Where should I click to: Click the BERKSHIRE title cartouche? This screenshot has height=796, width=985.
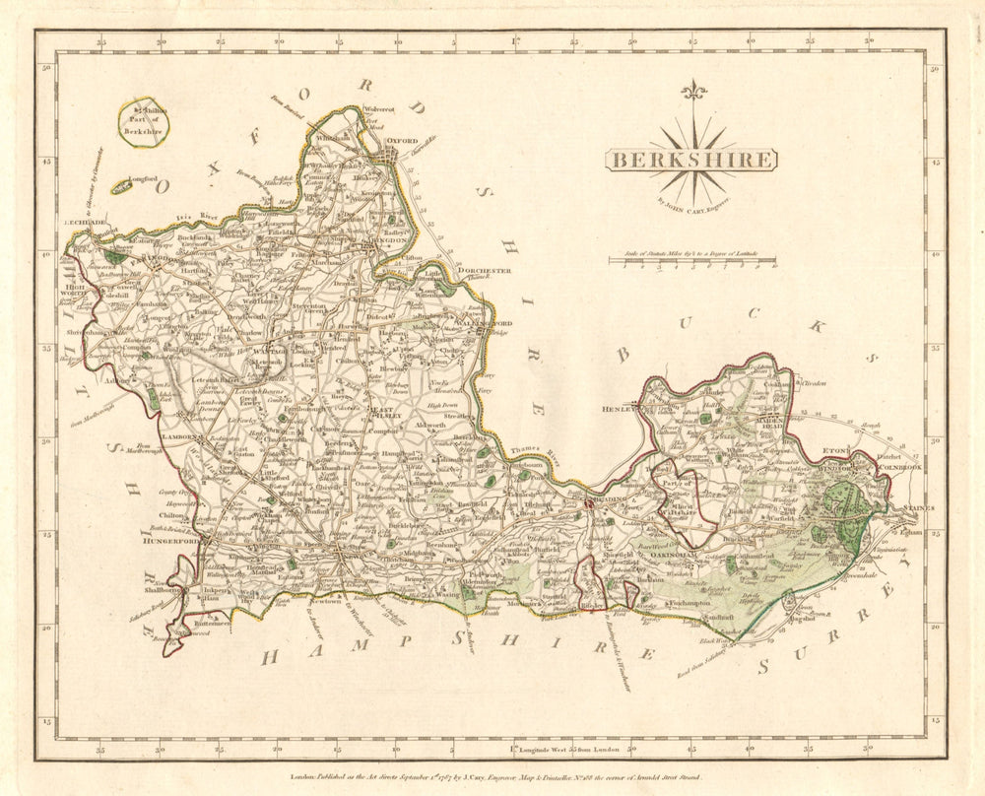tap(689, 160)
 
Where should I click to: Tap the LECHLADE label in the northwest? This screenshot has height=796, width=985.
tap(86, 224)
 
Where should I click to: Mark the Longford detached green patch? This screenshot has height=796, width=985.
tap(122, 185)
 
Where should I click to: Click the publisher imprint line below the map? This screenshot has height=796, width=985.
tap(492, 776)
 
